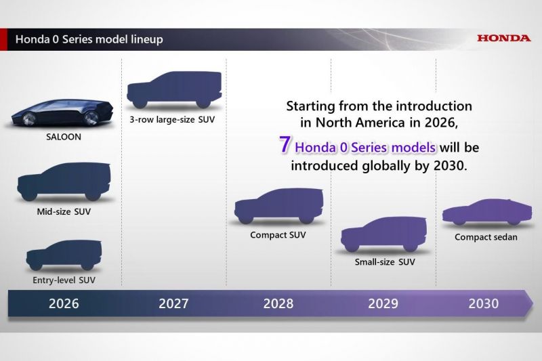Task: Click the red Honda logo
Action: (x=503, y=38)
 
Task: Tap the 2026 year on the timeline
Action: (x=64, y=303)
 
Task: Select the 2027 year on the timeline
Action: (x=173, y=303)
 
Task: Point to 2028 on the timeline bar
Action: (x=278, y=303)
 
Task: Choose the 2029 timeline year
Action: (x=383, y=303)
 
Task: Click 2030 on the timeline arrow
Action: (x=484, y=303)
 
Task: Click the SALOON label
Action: (x=64, y=137)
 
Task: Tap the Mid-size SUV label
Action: (x=64, y=211)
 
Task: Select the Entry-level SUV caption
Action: (x=64, y=280)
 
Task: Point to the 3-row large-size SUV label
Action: (x=172, y=119)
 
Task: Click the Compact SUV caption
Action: (x=278, y=235)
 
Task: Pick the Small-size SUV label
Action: (x=385, y=262)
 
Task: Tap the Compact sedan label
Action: (x=486, y=237)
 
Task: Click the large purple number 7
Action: (x=285, y=144)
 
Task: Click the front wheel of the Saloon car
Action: (x=28, y=119)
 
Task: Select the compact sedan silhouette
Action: (x=487, y=213)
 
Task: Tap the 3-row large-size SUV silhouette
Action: (x=174, y=90)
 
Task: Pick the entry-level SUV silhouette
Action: (x=64, y=255)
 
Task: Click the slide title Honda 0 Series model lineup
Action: (x=89, y=39)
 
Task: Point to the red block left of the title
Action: (x=3, y=39)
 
